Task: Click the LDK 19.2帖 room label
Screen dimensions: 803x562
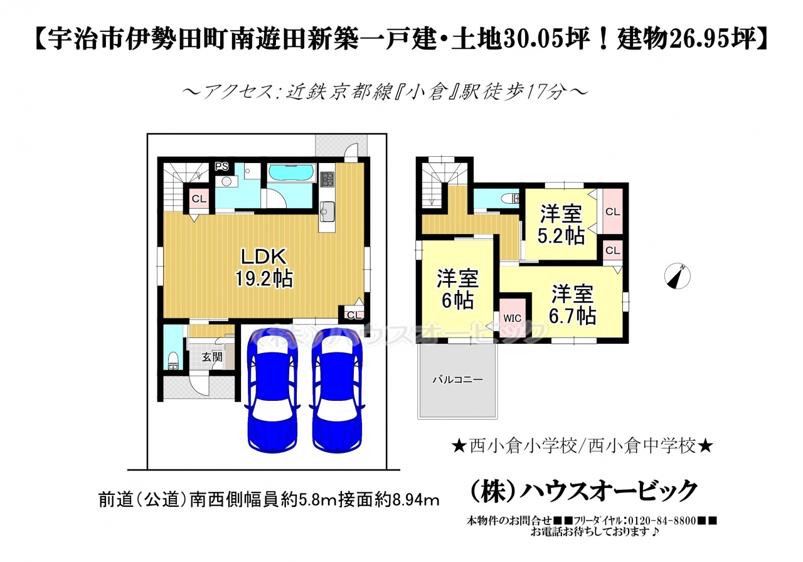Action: pyautogui.click(x=264, y=267)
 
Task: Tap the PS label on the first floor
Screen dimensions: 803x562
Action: pyautogui.click(x=221, y=167)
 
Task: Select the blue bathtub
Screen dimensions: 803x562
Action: pyautogui.click(x=292, y=173)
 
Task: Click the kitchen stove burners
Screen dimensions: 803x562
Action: pyautogui.click(x=327, y=179)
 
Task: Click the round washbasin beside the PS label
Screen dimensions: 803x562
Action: pyautogui.click(x=226, y=182)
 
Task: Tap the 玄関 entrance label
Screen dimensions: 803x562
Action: pyautogui.click(x=212, y=357)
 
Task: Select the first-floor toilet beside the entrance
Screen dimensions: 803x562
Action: pyautogui.click(x=174, y=360)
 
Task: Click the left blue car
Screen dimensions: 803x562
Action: pyautogui.click(x=272, y=391)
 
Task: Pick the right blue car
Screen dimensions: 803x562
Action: pyautogui.click(x=337, y=391)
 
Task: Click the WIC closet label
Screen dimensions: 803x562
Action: pyautogui.click(x=513, y=318)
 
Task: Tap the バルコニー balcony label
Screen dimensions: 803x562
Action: pyautogui.click(x=457, y=379)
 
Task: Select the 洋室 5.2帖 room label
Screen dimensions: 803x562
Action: pyautogui.click(x=561, y=225)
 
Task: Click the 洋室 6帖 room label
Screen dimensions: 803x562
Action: pyautogui.click(x=457, y=289)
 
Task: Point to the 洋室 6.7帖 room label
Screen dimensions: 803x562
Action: pyautogui.click(x=573, y=305)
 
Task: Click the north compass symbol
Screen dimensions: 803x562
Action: pyautogui.click(x=677, y=277)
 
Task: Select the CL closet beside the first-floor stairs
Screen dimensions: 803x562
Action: pyautogui.click(x=199, y=199)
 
